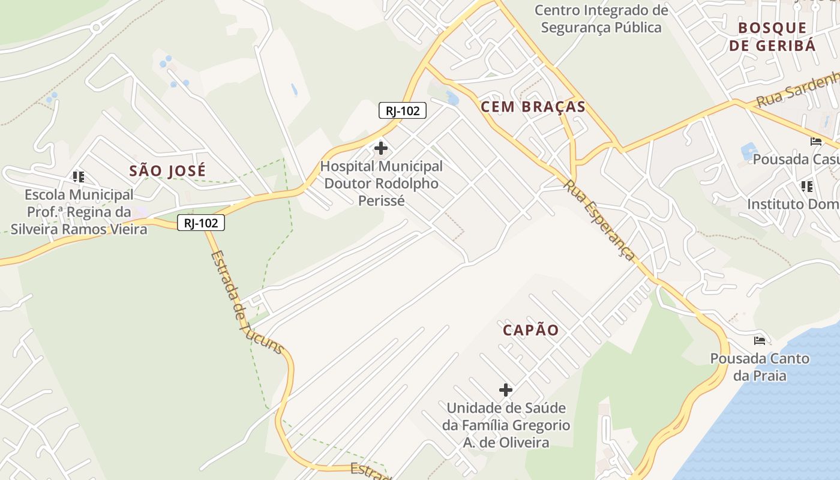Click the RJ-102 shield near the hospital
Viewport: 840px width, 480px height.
pos(402,110)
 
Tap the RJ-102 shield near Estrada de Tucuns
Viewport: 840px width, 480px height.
pos(200,223)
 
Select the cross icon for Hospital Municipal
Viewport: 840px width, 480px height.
pos(380,148)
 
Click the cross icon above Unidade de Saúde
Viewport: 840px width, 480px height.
pos(506,390)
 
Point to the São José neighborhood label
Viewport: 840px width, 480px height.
pos(167,171)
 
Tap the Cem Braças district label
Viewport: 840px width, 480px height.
pos(533,107)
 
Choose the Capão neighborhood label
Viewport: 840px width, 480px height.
pos(531,330)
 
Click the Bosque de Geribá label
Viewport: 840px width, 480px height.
pos(772,37)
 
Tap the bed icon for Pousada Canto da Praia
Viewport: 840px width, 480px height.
pos(760,341)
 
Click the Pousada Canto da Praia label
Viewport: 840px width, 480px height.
pos(760,367)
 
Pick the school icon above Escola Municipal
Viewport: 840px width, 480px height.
pos(79,176)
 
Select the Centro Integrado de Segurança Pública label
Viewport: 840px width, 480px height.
pos(601,19)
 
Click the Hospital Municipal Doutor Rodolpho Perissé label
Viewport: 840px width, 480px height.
pos(381,183)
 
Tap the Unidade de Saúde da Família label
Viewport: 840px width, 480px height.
pos(506,425)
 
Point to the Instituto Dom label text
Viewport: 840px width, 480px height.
pos(793,205)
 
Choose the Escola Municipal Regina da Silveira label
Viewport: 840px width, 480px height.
pos(79,212)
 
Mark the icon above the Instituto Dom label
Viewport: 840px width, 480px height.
pos(807,186)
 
